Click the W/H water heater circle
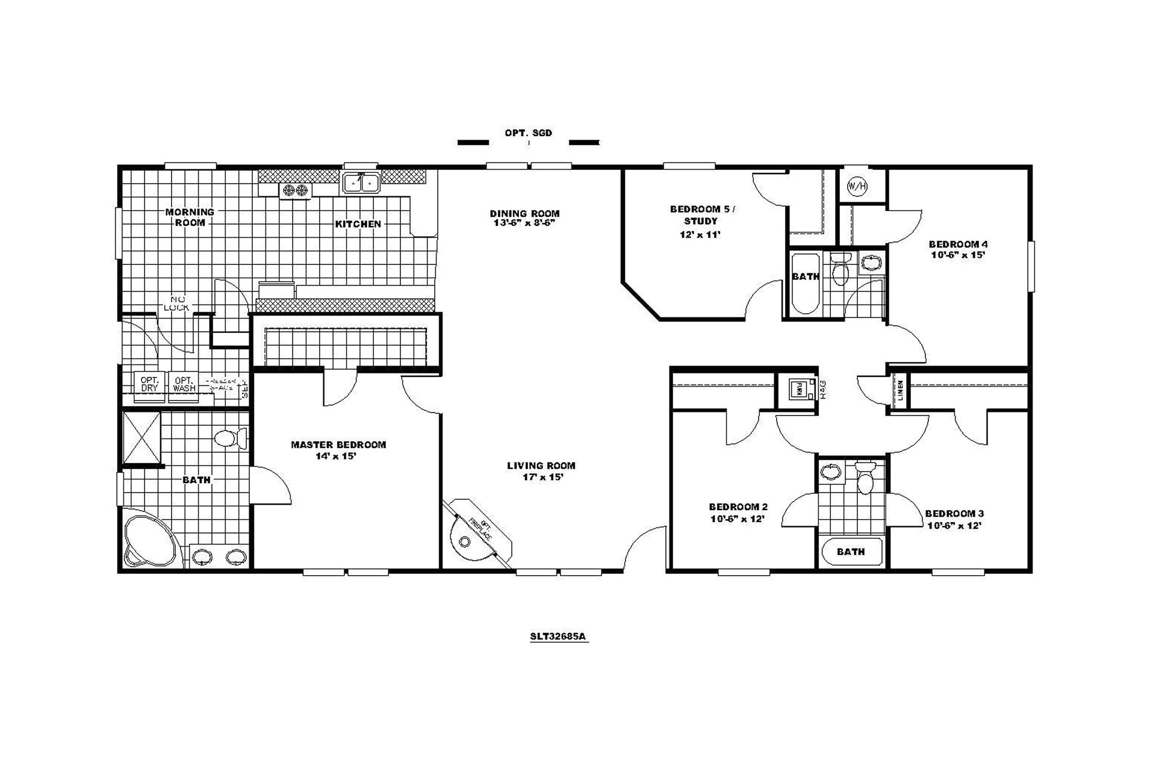(x=857, y=186)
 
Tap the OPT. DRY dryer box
(x=149, y=384)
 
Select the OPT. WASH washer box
(x=184, y=384)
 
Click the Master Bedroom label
(x=338, y=445)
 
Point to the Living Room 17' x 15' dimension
(x=542, y=478)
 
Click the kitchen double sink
(x=361, y=182)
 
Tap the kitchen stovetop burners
(x=295, y=191)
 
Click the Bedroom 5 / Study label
(x=702, y=215)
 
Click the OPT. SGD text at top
(x=528, y=133)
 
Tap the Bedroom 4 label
(x=957, y=244)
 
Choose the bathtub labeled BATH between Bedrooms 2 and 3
(x=851, y=552)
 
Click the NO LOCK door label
(x=176, y=304)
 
